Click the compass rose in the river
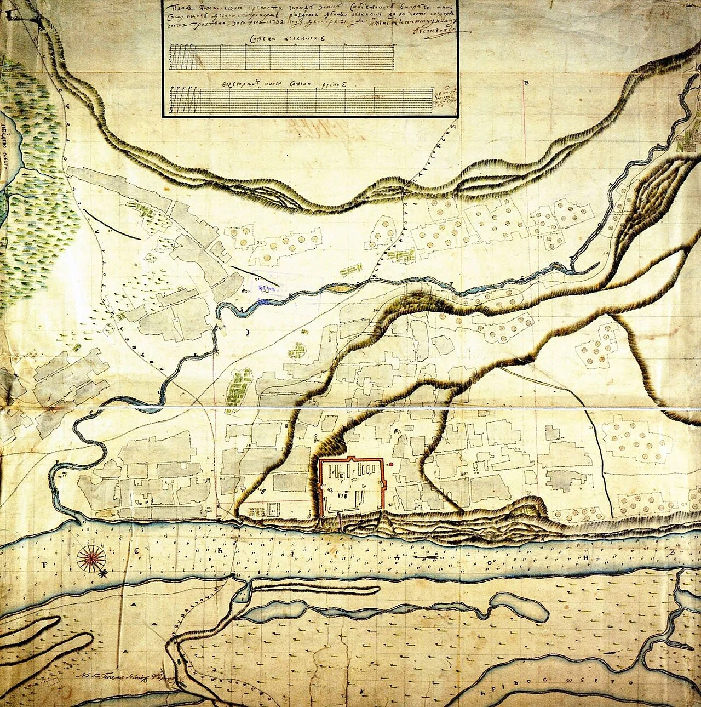(92, 558)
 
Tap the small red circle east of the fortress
(392, 465)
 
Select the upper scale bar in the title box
(283, 56)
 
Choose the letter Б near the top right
(525, 83)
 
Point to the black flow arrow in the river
(425, 557)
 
